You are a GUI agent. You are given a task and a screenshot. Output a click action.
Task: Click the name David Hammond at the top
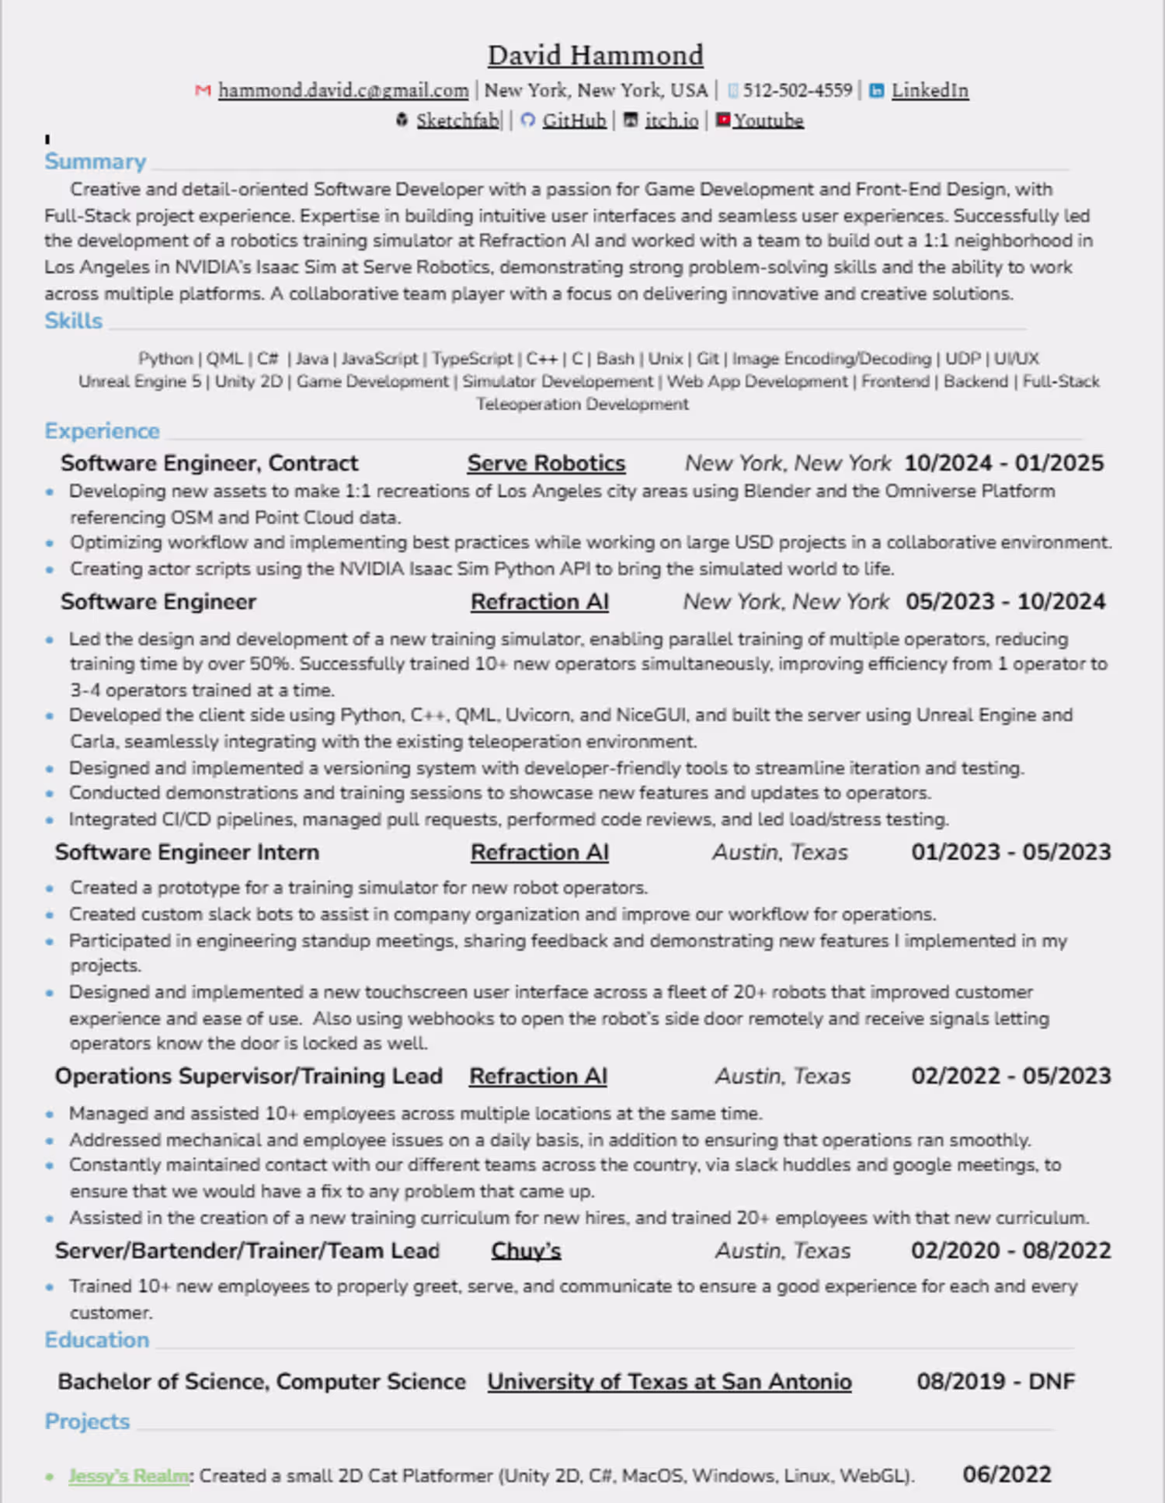click(596, 56)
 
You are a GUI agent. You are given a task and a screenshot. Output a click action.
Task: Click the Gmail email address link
click(343, 91)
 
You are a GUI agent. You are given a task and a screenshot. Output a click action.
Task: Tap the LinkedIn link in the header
click(930, 91)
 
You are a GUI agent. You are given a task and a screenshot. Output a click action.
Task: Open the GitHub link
click(574, 120)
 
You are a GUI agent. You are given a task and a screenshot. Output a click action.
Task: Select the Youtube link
click(768, 120)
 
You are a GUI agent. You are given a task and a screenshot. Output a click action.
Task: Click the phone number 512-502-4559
click(798, 91)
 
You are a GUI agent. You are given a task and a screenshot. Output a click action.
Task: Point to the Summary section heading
click(95, 162)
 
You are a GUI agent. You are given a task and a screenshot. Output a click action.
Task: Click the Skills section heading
click(73, 321)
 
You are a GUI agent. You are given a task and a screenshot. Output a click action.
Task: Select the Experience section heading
click(102, 431)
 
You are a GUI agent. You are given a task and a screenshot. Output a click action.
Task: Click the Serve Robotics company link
click(546, 463)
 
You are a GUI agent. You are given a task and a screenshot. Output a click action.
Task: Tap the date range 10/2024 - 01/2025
click(1003, 463)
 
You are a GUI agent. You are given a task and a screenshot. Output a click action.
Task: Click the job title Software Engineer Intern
click(186, 852)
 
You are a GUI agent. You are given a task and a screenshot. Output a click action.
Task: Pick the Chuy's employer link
click(526, 1251)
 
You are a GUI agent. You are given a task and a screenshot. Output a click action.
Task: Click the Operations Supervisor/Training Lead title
click(249, 1076)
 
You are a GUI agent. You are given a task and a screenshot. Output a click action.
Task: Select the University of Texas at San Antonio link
click(669, 1382)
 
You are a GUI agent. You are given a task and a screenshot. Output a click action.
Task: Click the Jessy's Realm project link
click(129, 1476)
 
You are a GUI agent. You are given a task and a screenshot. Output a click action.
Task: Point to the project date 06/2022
click(1007, 1474)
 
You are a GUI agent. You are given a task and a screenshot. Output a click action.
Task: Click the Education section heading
click(96, 1340)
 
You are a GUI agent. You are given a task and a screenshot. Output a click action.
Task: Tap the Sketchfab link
click(457, 120)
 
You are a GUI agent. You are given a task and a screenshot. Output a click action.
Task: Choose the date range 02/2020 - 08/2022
click(1010, 1251)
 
